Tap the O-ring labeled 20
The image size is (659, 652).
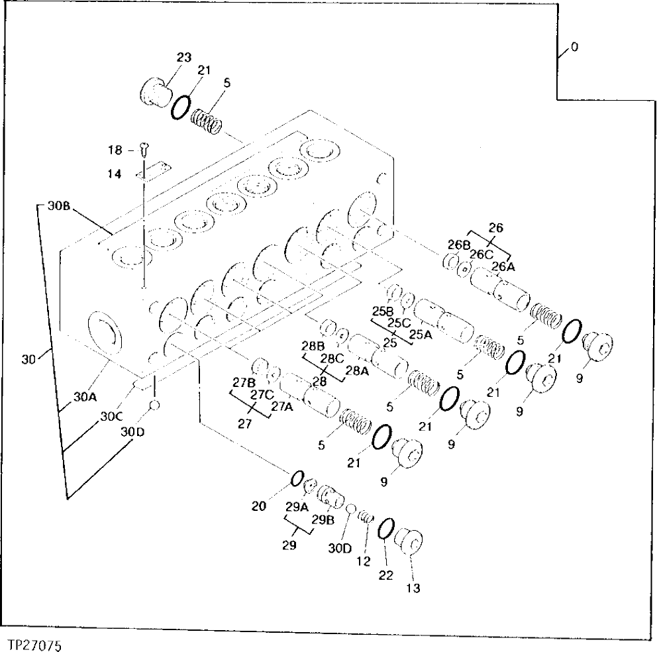coord(297,478)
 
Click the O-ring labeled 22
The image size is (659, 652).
coord(385,529)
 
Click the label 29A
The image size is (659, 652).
coord(298,507)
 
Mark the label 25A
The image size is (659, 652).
coord(420,335)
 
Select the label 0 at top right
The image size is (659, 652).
coord(574,47)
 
